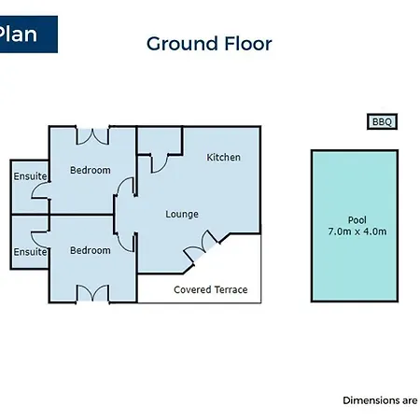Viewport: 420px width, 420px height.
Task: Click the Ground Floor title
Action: pos(209,44)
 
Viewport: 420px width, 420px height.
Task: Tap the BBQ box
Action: pos(382,121)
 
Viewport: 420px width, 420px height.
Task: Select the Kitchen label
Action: pos(223,158)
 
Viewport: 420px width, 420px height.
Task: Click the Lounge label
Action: pos(182,215)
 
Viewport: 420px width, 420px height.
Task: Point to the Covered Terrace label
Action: pos(211,290)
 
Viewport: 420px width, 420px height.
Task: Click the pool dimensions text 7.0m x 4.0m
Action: pos(357,231)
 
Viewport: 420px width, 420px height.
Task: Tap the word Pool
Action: pos(357,220)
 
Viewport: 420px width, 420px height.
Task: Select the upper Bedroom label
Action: pos(91,170)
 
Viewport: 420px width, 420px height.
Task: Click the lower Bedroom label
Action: pos(91,250)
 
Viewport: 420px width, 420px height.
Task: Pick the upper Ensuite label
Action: pos(30,176)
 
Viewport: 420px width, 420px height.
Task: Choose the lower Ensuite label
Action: pos(30,252)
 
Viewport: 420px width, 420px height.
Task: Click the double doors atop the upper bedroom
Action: pos(92,136)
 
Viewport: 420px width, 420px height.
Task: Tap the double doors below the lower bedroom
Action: pos(92,293)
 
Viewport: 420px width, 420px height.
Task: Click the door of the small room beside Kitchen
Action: pos(160,163)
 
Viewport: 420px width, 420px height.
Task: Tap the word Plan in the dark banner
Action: pos(18,35)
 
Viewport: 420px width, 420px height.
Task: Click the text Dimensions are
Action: pos(380,400)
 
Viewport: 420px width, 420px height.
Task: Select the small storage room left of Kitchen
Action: pos(160,140)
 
